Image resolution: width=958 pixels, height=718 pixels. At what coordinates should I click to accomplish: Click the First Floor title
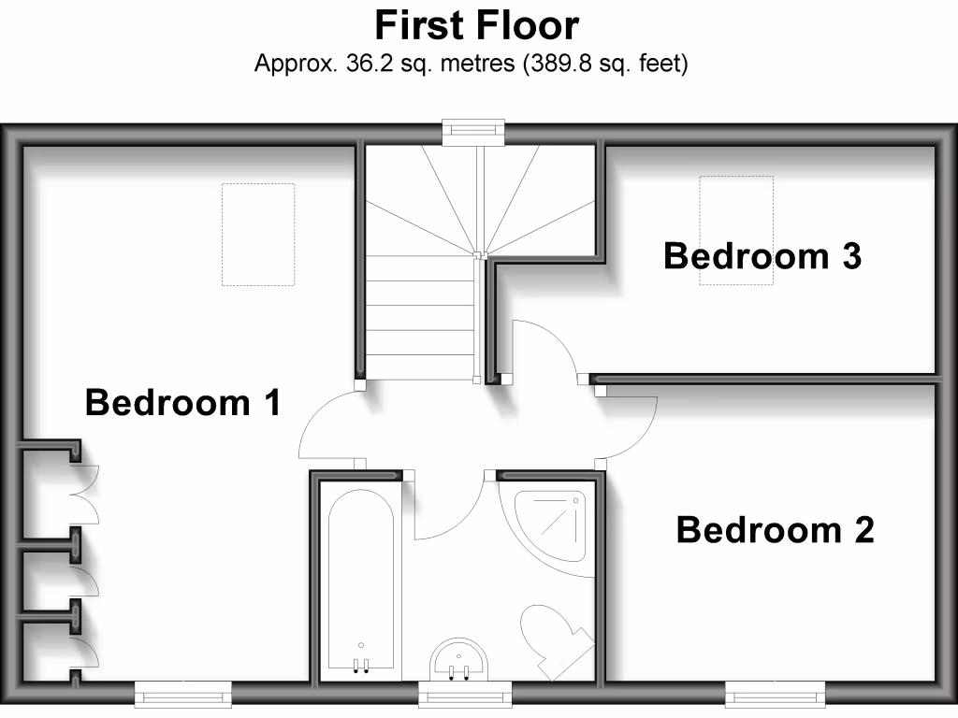tap(477, 25)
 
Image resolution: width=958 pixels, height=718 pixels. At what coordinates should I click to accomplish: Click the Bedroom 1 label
tap(182, 403)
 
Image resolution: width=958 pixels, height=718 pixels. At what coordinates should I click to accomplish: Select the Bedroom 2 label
tap(775, 530)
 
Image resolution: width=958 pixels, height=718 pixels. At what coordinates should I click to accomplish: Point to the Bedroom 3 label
tap(762, 255)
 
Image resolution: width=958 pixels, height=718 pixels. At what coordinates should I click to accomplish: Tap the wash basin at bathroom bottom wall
tap(459, 660)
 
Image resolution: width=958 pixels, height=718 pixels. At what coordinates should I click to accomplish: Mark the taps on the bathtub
tap(361, 665)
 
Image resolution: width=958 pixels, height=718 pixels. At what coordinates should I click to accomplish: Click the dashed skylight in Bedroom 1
tap(257, 234)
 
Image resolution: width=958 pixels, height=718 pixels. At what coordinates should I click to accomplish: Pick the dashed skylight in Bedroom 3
tap(737, 230)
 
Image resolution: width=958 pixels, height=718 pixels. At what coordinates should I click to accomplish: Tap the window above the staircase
tap(472, 133)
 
